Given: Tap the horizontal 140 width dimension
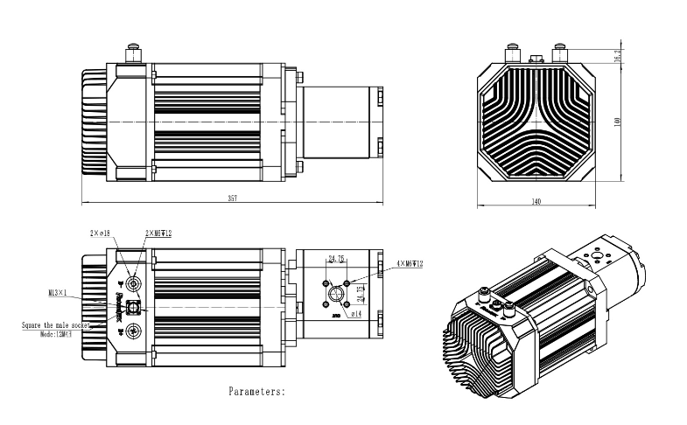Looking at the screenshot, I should coord(536,202).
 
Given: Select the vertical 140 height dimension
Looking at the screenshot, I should coord(616,122).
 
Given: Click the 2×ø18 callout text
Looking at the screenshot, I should coord(99,233).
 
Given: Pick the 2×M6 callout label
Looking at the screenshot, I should coord(158,233).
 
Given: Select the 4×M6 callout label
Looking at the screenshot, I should coord(409,263).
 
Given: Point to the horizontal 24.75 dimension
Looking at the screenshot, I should coord(337,259).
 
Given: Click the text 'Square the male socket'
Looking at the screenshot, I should coord(58,324).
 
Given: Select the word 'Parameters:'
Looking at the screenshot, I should coord(256,392).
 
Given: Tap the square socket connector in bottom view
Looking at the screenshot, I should coord(134,307).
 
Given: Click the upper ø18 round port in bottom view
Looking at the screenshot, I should coord(134,283).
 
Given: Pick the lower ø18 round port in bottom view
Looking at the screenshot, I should coord(134,330).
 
